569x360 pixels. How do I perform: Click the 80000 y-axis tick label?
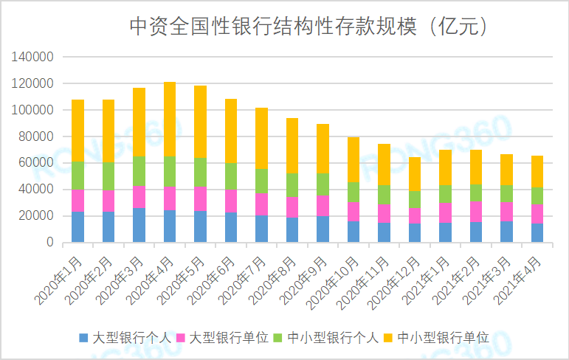click(37, 136)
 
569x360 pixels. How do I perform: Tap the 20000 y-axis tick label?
click(37, 215)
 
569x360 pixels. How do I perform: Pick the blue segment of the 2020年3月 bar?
click(139, 225)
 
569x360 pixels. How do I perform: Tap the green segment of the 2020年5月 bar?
click(200, 172)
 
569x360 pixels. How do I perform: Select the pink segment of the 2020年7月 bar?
click(262, 204)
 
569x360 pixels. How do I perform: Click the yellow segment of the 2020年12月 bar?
click(415, 174)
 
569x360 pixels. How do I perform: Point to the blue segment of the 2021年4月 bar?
click(538, 232)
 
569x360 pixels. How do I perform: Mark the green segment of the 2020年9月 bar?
click(323, 184)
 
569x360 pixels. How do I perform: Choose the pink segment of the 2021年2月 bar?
click(477, 212)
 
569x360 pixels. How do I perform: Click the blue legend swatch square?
click(83, 338)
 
